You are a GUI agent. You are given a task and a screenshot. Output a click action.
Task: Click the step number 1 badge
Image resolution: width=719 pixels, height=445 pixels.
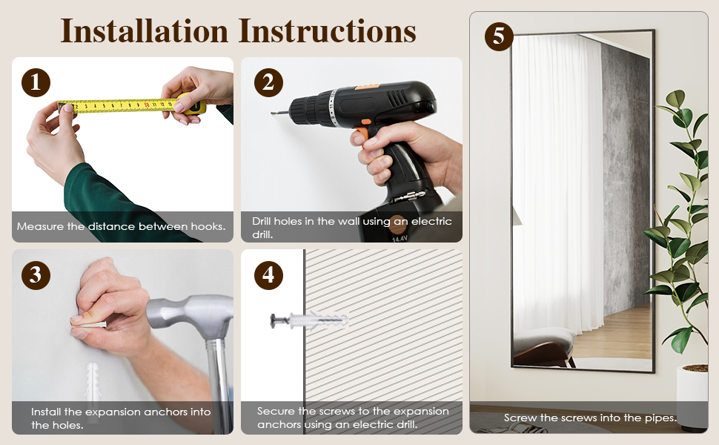pos(36,82)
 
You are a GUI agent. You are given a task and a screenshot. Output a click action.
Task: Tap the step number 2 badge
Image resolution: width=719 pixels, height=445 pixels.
pos(268,82)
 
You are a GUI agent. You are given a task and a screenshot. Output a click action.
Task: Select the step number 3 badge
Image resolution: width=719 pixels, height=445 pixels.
pos(36,275)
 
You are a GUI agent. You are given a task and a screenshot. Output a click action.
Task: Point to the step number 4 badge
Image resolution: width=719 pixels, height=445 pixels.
pos(268,275)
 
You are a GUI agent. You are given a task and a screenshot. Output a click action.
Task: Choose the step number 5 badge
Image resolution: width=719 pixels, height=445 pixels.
pos(499,36)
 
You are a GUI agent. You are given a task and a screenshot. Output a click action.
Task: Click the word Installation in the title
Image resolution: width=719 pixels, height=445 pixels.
pos(145,31)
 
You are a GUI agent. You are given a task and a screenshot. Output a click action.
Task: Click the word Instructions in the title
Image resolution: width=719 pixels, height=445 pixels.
pos(328,31)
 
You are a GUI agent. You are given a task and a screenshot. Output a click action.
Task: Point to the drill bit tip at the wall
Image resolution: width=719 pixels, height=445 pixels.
pos(273,113)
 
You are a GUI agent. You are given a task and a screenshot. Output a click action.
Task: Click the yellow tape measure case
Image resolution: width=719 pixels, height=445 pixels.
pos(193,104)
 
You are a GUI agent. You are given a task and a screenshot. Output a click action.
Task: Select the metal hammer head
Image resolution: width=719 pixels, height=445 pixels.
pos(190,314)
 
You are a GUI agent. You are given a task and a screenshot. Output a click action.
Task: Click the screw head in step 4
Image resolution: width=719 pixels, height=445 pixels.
pos(274,320)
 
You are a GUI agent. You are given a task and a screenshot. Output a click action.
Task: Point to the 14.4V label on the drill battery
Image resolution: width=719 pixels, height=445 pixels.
pos(400,239)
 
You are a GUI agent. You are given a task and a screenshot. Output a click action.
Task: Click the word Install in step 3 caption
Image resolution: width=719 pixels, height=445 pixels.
pos(46,412)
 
